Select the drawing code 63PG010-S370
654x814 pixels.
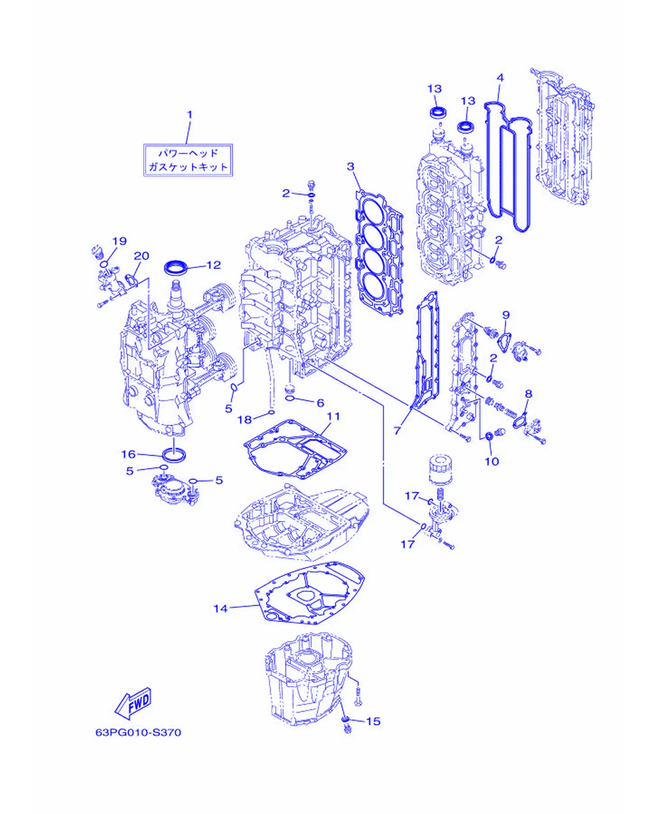tap(138, 732)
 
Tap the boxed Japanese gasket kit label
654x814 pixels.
tap(188, 160)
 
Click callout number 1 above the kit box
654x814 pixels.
tap(189, 114)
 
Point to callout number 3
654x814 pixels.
tap(351, 166)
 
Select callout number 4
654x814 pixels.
tap(500, 77)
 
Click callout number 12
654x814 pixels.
tap(214, 265)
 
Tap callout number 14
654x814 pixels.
tap(220, 608)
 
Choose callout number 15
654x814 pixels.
tap(373, 721)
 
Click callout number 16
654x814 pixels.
tap(128, 454)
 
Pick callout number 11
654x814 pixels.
tap(333, 416)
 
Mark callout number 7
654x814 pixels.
tap(397, 431)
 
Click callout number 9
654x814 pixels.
tap(506, 315)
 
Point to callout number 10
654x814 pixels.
tap(491, 461)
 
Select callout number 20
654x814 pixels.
tap(141, 256)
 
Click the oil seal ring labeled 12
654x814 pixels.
tap(176, 267)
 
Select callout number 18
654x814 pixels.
tap(245, 419)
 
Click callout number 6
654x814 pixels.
tap(320, 403)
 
